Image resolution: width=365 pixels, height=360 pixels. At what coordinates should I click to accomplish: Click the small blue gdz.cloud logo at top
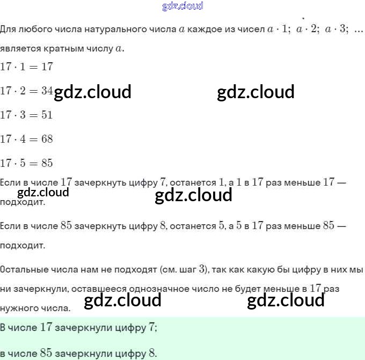click(x=182, y=6)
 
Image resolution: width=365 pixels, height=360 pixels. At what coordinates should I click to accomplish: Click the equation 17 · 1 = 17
click(x=26, y=67)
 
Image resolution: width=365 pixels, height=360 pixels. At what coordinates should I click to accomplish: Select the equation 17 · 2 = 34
click(x=26, y=91)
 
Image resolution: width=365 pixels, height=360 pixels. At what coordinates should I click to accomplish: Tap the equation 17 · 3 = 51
click(x=26, y=115)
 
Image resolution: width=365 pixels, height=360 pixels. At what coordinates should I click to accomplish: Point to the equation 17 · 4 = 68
click(x=26, y=139)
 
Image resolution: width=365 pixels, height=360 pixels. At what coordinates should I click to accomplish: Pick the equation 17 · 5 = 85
click(x=26, y=163)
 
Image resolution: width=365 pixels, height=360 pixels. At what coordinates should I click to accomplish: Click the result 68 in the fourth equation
click(x=47, y=139)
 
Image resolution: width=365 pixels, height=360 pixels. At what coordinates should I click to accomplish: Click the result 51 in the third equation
click(x=47, y=115)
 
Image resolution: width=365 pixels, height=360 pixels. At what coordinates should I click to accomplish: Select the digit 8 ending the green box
click(x=152, y=354)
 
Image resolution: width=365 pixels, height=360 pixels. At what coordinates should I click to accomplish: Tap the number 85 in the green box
click(x=46, y=354)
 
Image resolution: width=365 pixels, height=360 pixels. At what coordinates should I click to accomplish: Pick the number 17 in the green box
click(x=46, y=327)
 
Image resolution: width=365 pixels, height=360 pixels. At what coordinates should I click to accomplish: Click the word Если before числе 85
click(x=10, y=226)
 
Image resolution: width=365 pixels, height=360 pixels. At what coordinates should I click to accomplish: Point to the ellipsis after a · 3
click(x=359, y=30)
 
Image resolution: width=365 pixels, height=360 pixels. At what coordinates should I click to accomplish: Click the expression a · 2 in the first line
click(x=307, y=30)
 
